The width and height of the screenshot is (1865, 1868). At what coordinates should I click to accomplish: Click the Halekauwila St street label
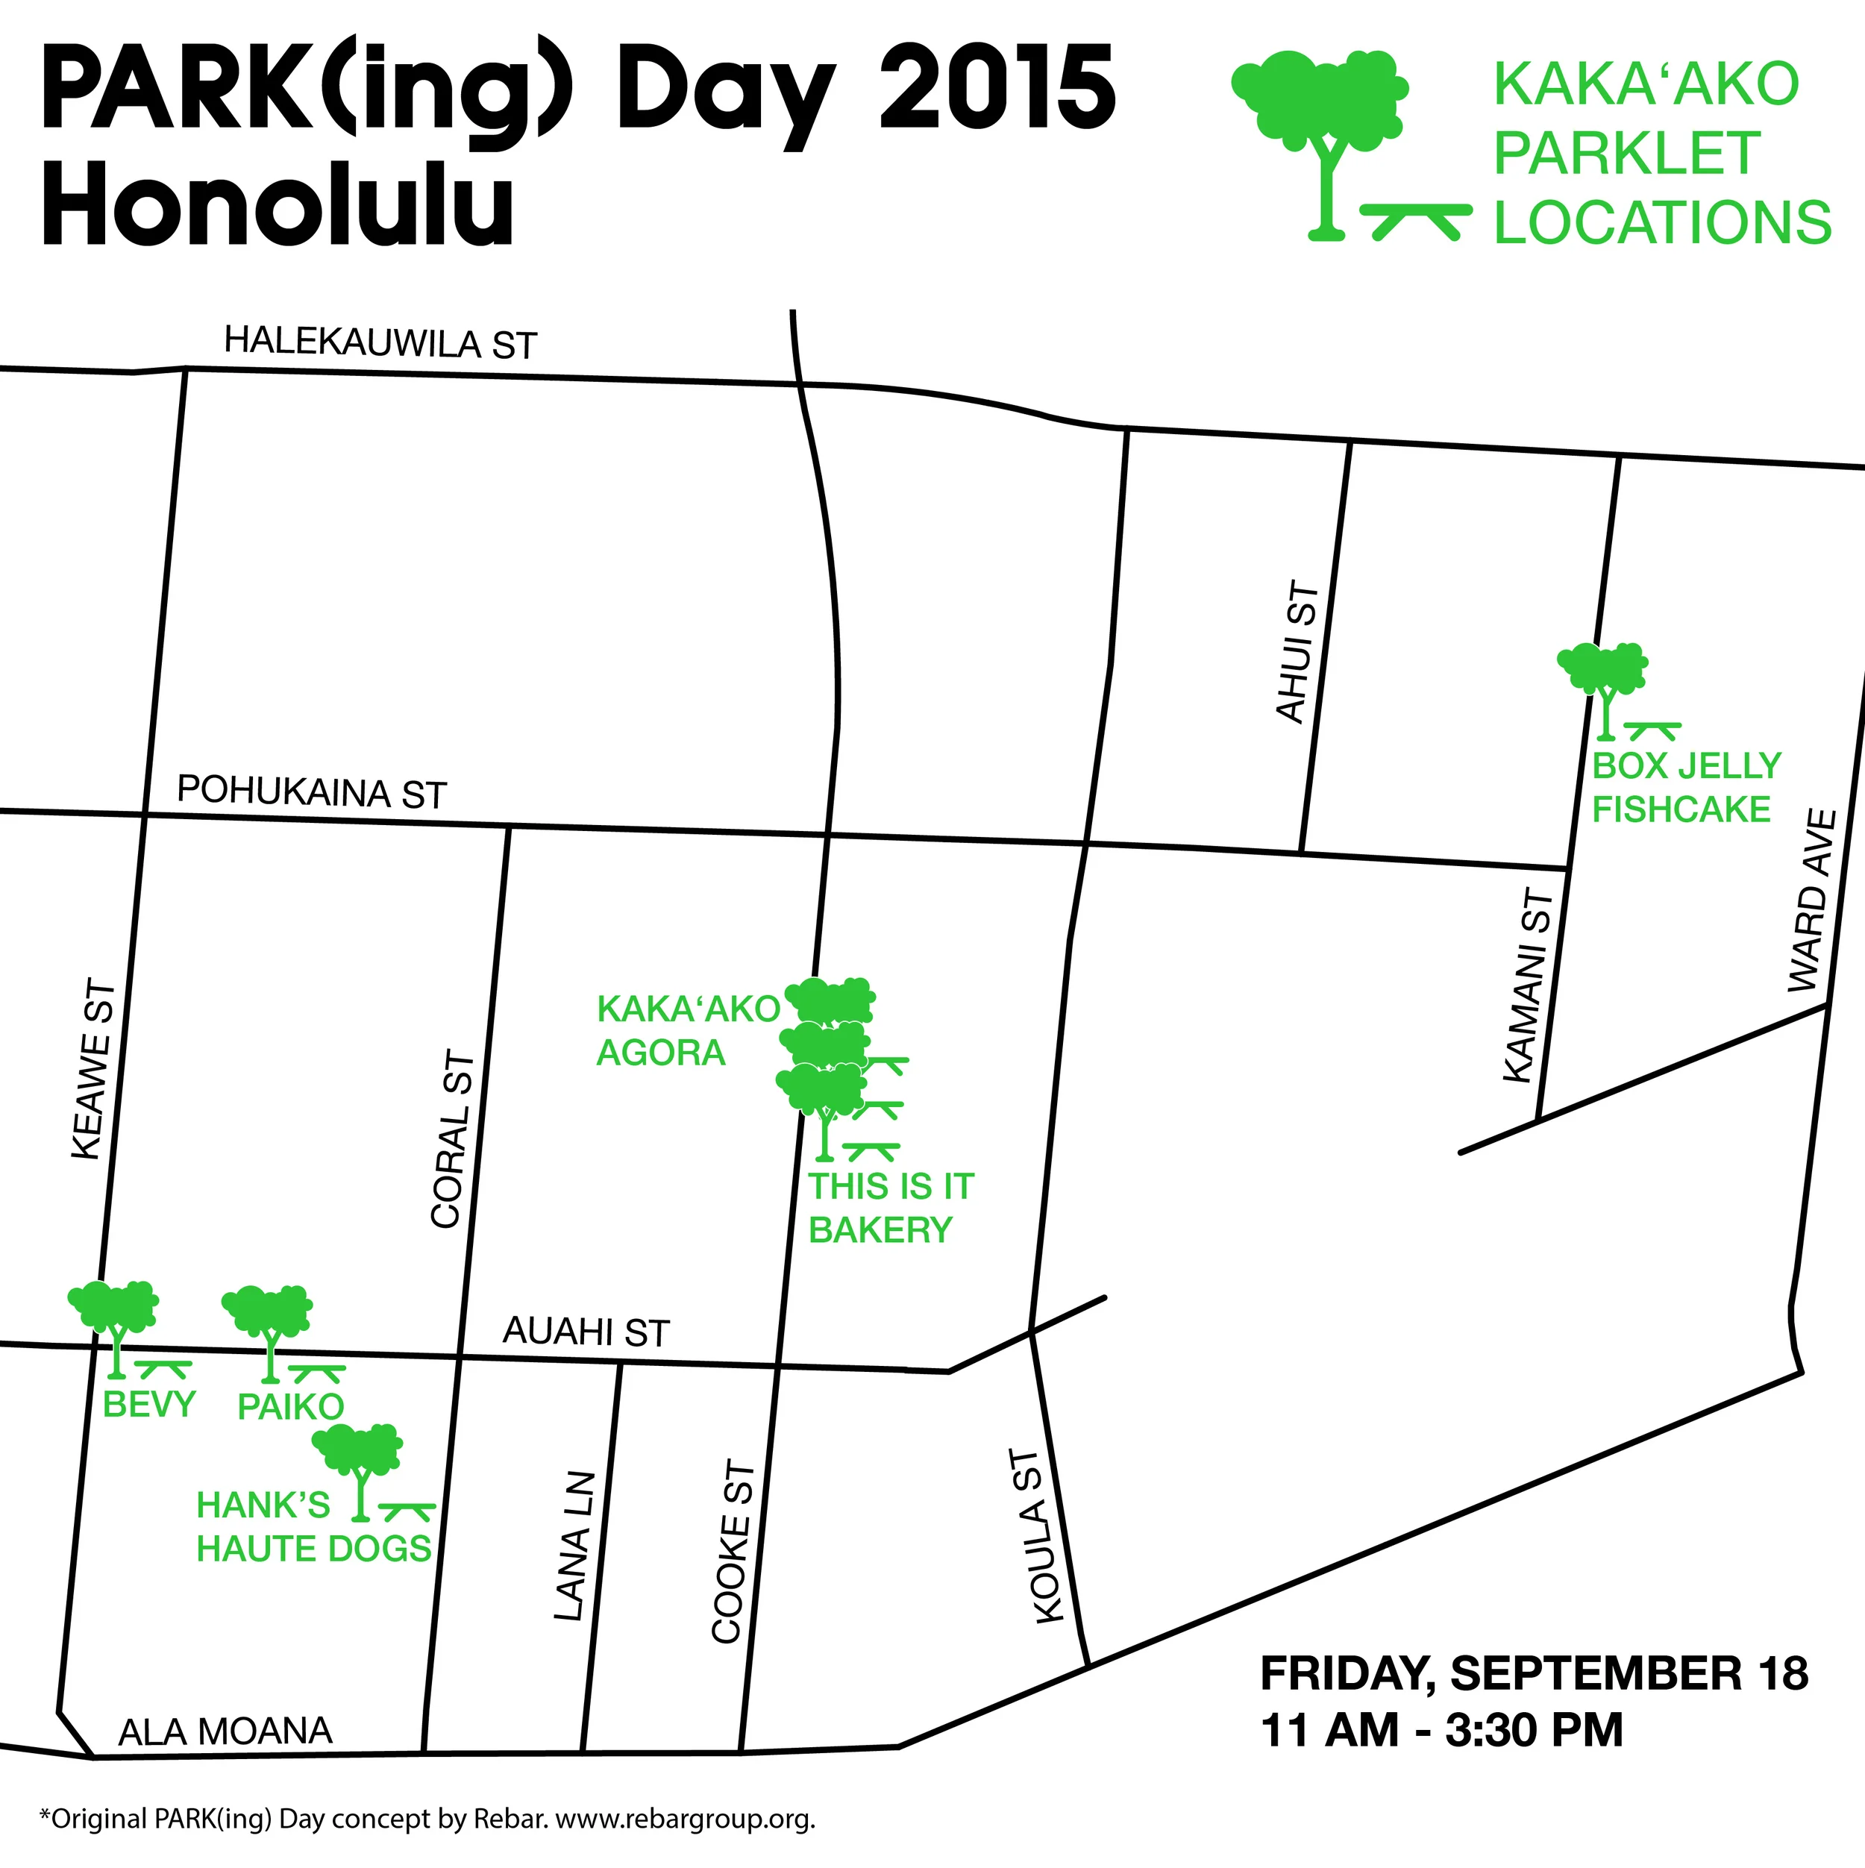(380, 342)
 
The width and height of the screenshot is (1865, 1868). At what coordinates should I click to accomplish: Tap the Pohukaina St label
(311, 792)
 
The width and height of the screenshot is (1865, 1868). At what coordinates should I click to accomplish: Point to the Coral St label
(453, 1139)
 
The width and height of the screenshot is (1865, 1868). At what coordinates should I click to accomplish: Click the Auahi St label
(586, 1332)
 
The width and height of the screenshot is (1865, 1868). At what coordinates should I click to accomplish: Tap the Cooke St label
(732, 1552)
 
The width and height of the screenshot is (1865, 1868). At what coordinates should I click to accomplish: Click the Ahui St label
(1297, 652)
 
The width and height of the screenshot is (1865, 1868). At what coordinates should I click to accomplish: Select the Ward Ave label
(1811, 901)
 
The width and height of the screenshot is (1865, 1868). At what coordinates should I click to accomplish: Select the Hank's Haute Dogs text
(313, 1528)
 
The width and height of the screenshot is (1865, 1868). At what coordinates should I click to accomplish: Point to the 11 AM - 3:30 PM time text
(1441, 1731)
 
